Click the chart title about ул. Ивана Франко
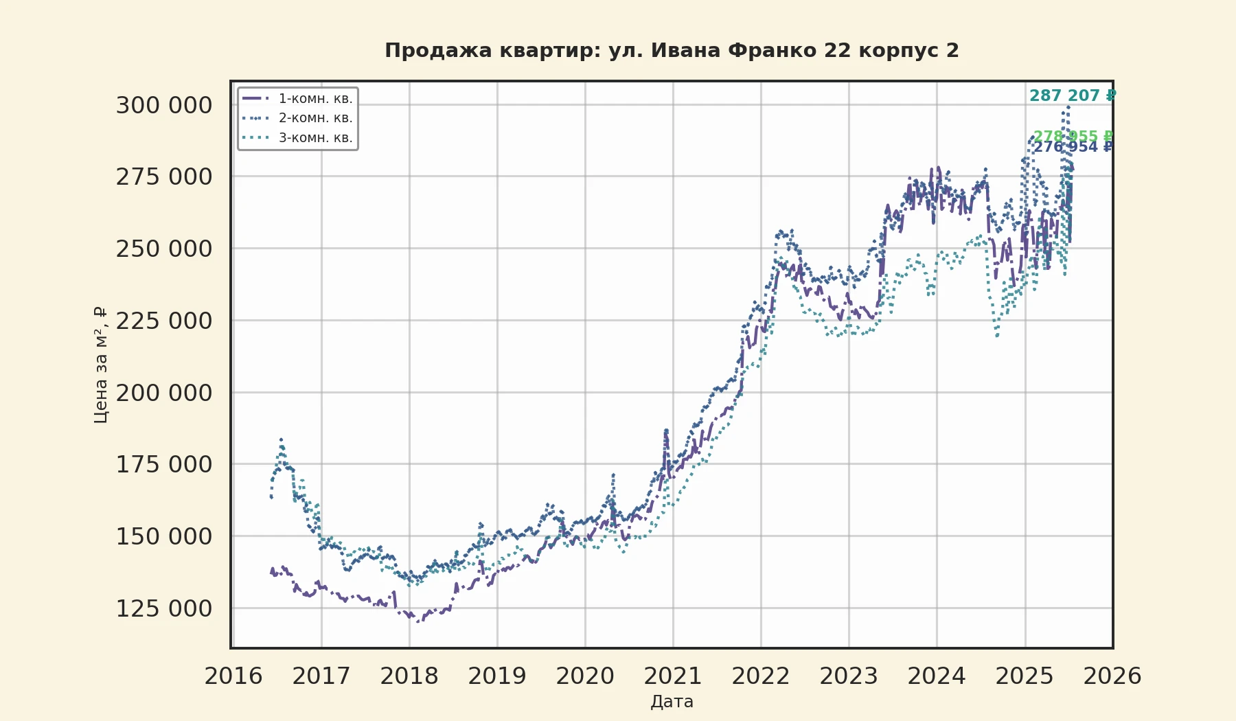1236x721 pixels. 672,51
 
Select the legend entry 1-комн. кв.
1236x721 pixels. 315,98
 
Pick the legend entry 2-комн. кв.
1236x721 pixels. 315,117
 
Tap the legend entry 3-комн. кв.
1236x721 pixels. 315,137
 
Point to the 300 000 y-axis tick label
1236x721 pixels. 164,105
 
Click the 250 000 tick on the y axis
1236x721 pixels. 164,249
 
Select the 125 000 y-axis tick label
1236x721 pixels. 164,608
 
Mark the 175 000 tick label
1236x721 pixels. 164,464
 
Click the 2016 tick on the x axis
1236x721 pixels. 233,676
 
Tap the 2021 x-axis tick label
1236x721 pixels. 673,676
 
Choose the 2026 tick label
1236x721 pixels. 1112,676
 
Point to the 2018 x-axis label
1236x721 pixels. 409,676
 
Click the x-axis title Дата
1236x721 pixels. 672,701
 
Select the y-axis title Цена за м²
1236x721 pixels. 100,365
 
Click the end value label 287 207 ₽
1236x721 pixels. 1072,95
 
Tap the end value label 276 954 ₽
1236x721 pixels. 1072,147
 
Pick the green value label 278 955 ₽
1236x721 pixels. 1072,136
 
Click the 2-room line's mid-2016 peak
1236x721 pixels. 281,439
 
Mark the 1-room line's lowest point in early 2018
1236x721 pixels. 417,621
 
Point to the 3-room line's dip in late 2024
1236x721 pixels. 997,335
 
